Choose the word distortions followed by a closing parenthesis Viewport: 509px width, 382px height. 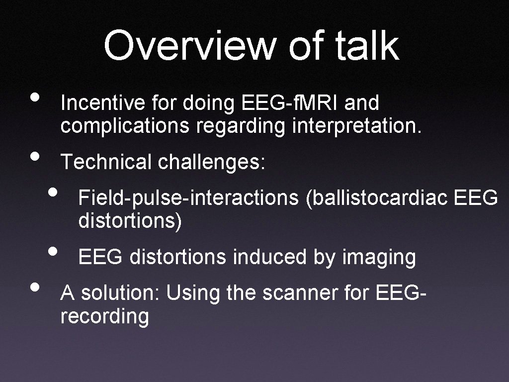click(x=130, y=220)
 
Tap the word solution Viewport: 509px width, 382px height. click(x=121, y=293)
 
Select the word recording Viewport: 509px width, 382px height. click(x=104, y=316)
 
